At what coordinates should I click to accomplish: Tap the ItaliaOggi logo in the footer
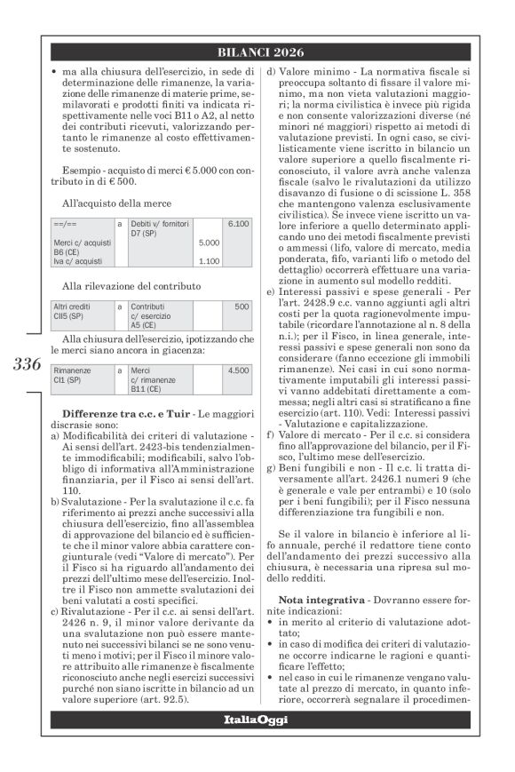pyautogui.click(x=257, y=719)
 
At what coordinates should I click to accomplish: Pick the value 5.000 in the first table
pyautogui.click(x=209, y=243)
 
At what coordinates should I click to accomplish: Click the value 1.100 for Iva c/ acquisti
pyautogui.click(x=209, y=261)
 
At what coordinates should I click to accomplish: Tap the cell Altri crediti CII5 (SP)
pyautogui.click(x=74, y=310)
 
